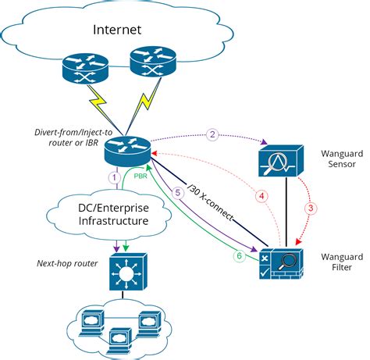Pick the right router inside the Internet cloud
(148, 63)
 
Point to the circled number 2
(212, 136)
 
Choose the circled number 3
(310, 209)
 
